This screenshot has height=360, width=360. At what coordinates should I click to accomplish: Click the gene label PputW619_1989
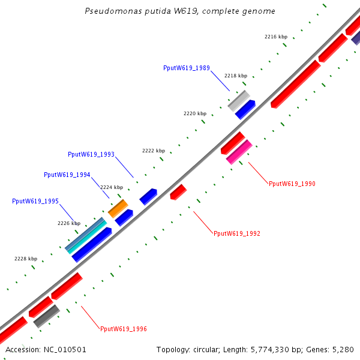(x=187, y=68)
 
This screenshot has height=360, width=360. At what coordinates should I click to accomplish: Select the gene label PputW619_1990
(x=292, y=184)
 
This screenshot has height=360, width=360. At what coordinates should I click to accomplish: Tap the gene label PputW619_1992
(x=237, y=233)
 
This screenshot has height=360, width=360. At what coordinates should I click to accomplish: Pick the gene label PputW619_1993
(x=91, y=154)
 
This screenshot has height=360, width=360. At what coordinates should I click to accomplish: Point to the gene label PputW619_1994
(x=67, y=175)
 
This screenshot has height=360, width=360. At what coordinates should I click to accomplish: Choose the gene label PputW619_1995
(x=35, y=201)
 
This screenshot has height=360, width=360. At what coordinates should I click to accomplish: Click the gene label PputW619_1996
(x=124, y=329)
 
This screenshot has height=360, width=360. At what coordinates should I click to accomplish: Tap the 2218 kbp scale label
(x=236, y=76)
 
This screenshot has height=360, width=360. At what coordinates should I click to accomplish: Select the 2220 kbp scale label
(x=195, y=113)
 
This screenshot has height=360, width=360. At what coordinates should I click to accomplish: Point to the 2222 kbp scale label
(x=154, y=151)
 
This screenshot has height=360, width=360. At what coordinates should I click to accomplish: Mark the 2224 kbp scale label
(x=112, y=187)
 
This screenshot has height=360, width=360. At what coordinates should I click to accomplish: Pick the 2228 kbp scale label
(x=26, y=259)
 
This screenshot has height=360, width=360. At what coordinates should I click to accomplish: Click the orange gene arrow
(x=118, y=208)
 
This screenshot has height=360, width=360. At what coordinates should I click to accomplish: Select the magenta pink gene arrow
(x=239, y=151)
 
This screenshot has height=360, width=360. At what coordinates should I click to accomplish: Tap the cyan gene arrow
(x=88, y=235)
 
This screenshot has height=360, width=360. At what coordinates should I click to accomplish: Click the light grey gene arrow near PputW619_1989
(x=238, y=101)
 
